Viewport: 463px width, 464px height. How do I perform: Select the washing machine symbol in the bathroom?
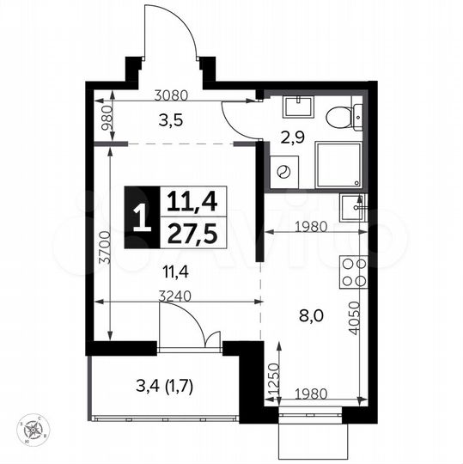click(x=282, y=171)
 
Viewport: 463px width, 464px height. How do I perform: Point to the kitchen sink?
click(x=353, y=207)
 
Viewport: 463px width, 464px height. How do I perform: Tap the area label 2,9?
click(x=293, y=134)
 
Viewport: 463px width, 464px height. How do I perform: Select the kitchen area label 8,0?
click(x=311, y=314)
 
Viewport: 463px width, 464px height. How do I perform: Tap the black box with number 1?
click(x=141, y=218)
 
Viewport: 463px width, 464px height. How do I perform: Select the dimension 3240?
click(x=176, y=295)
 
